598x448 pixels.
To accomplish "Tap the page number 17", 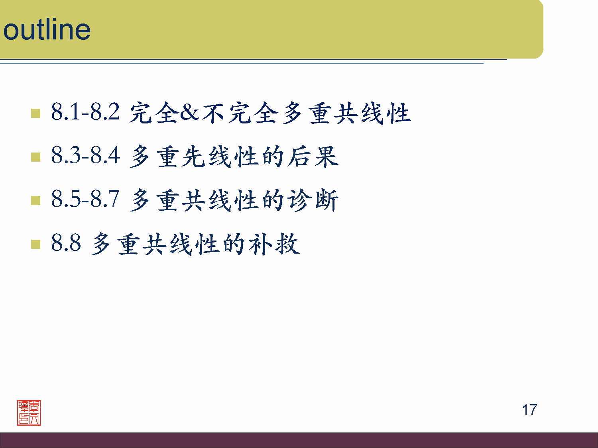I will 529,410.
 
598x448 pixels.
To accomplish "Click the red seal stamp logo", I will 29,413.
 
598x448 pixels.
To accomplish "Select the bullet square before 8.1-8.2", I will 35,113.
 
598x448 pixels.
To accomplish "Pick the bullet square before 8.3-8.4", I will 35,157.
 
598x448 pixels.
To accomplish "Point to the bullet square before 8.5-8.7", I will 35,200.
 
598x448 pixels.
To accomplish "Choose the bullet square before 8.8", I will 35,244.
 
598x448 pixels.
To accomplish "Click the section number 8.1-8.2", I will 85,112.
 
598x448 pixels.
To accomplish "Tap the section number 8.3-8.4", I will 85,155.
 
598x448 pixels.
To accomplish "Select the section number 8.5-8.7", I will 85,199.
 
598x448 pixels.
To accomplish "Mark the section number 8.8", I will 66,243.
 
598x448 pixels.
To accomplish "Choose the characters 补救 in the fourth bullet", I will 275,244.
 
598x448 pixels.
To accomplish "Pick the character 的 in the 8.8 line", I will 234,244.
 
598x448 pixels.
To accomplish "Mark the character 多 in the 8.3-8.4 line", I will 140,156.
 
